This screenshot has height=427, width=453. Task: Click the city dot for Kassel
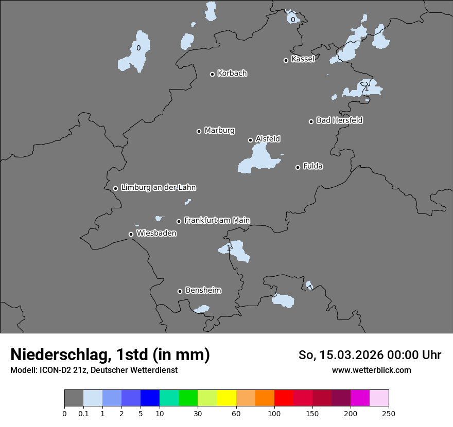(x=286, y=60)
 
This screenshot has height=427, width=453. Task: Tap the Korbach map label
(x=232, y=73)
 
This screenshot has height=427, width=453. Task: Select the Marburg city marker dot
(x=199, y=131)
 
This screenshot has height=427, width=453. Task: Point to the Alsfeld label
(x=268, y=139)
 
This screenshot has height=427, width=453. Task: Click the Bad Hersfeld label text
(x=339, y=120)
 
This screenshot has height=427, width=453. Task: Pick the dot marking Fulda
(x=298, y=167)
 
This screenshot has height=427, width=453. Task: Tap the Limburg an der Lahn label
(x=158, y=188)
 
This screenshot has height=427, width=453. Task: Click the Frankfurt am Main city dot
(x=179, y=221)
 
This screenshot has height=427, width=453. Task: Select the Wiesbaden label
(x=156, y=233)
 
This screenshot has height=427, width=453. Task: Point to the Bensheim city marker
(x=180, y=291)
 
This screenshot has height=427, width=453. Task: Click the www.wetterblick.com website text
(x=371, y=370)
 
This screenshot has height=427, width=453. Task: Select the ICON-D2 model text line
(x=94, y=370)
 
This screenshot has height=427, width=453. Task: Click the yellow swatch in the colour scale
(x=226, y=398)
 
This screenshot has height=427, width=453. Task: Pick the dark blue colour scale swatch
(x=150, y=398)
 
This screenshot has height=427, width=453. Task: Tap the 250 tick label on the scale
(x=389, y=413)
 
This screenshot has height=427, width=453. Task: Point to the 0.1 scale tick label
(x=83, y=413)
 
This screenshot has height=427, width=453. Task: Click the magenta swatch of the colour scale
(x=360, y=398)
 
